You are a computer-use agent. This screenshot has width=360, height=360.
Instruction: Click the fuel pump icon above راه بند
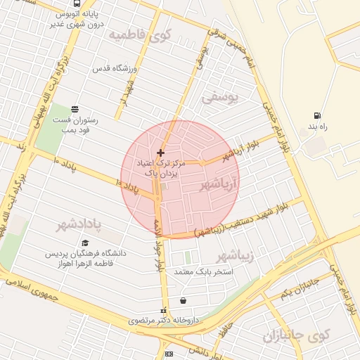319,115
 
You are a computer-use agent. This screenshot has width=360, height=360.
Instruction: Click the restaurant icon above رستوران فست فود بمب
75,108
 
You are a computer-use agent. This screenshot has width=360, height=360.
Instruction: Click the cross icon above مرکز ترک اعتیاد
161,152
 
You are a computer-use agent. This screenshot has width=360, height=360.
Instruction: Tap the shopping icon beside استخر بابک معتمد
184,300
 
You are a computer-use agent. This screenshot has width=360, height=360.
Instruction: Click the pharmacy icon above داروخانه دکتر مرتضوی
164,310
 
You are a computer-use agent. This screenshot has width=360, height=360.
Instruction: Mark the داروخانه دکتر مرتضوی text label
164,320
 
